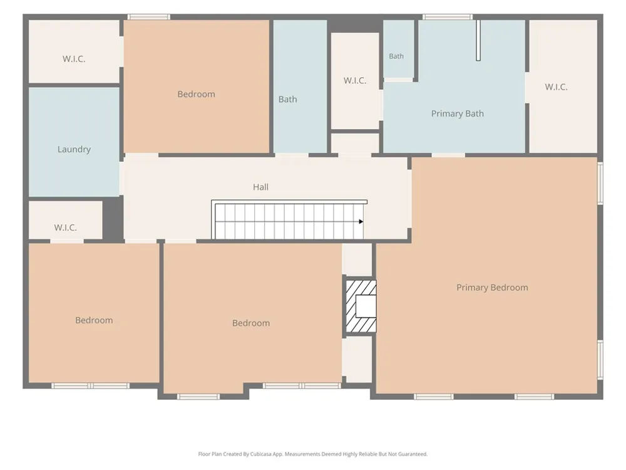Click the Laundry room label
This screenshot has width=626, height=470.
pos(74,150)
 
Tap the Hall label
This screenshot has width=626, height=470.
pos(260,187)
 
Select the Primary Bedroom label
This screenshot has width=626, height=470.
pos(492,288)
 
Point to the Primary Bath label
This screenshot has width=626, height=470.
pos(458,114)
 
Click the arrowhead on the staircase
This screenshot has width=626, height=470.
pos(361,222)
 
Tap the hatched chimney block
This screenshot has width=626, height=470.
pos(361,306)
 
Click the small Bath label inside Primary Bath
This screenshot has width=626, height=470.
pos(396,56)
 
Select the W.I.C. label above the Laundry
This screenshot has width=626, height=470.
pos(74,59)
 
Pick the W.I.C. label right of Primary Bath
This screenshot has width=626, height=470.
pos(556,87)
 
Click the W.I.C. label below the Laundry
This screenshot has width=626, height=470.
pos(66,228)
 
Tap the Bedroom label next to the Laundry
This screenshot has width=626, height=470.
pos(197,95)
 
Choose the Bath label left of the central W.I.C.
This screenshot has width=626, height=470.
pos(288,100)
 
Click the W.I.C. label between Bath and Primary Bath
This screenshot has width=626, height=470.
pos(355,81)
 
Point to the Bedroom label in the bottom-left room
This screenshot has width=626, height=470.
pos(95,320)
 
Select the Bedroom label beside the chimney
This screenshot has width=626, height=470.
pos(251,323)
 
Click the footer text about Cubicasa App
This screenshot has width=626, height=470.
pos(312,454)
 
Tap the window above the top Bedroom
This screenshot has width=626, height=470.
pos(149,17)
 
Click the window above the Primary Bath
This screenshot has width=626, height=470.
pos(448,17)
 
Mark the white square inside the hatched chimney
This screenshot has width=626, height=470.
pos(366,306)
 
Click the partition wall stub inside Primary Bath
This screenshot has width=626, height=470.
pos(478,40)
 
